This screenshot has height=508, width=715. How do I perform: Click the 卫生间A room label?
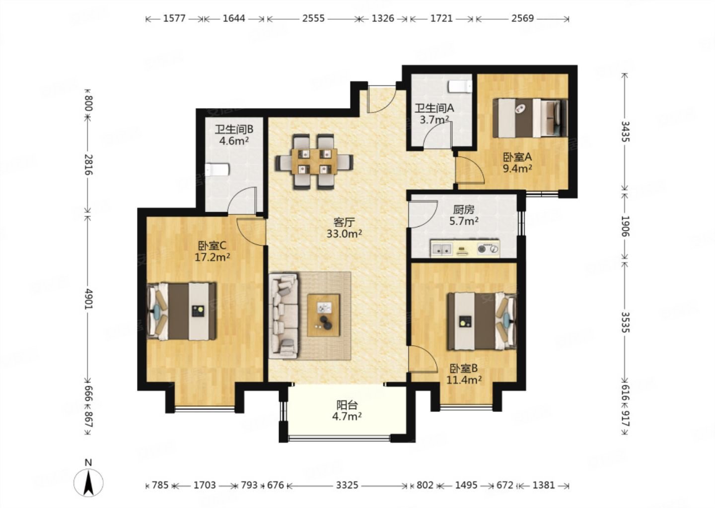click(x=434, y=109)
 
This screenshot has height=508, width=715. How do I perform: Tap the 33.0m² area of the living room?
click(x=344, y=234)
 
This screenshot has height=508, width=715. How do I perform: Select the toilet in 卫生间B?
click(x=217, y=170)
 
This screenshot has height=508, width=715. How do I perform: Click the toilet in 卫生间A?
click(x=460, y=86)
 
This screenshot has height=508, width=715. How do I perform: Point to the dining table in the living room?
click(x=314, y=161)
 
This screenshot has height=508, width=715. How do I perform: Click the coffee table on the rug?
click(x=323, y=315)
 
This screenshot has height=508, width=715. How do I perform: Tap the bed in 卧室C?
click(x=181, y=311)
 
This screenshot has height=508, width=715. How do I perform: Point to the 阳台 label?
click(x=347, y=405)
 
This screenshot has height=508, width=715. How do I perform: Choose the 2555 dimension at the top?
click(x=313, y=18)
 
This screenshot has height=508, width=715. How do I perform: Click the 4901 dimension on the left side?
click(x=88, y=299)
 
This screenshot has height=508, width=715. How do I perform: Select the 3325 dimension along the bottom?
click(x=347, y=485)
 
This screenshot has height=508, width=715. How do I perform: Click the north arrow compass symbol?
click(x=88, y=482)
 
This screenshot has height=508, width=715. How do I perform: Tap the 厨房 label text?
click(x=463, y=209)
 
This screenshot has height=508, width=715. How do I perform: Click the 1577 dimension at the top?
click(x=174, y=18)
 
